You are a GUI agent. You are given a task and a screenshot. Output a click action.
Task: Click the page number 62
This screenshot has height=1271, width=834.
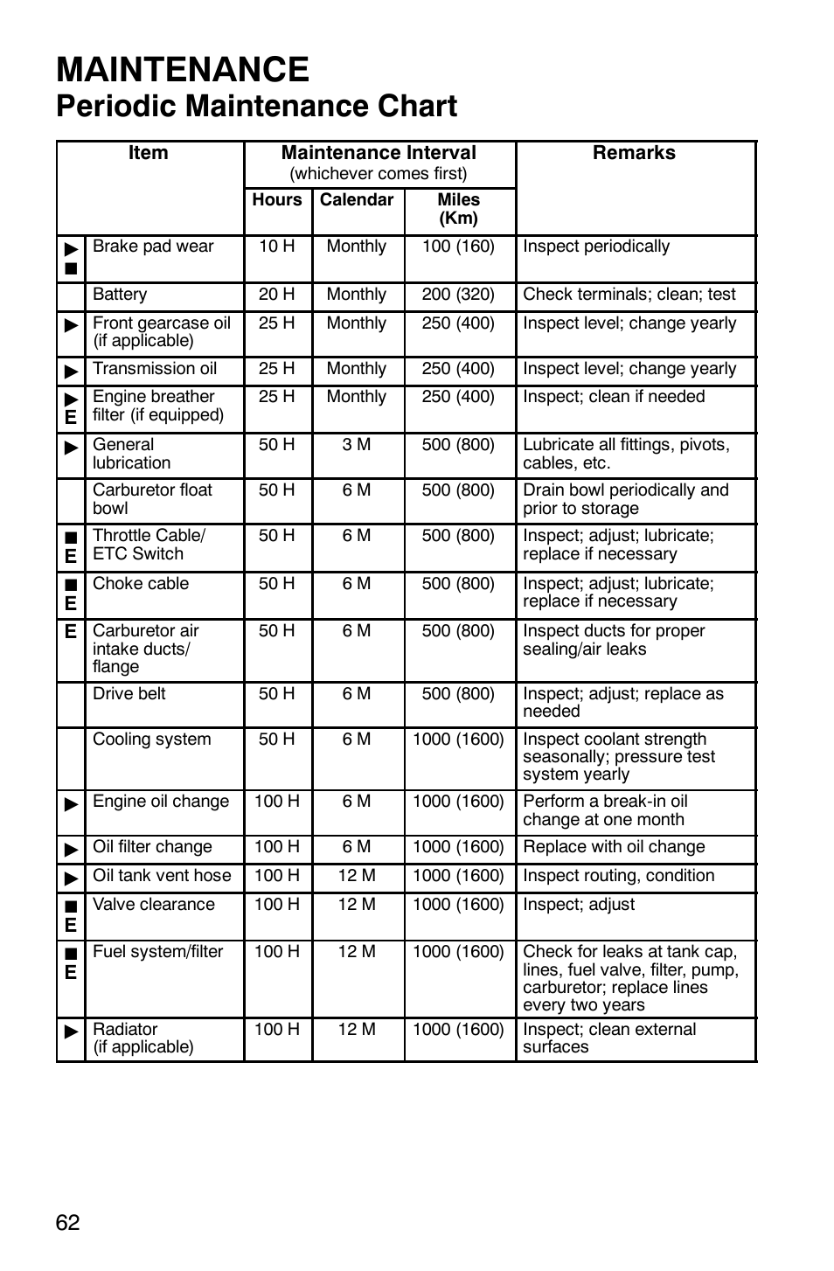pyautogui.click(x=67, y=1222)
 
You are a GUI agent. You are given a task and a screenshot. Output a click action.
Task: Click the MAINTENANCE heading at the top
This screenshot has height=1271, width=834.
pyautogui.click(x=182, y=70)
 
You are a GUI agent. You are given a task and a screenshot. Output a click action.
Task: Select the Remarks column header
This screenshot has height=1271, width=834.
pyautogui.click(x=634, y=153)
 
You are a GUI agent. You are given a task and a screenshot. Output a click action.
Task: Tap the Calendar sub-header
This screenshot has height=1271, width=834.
pyautogui.click(x=357, y=200)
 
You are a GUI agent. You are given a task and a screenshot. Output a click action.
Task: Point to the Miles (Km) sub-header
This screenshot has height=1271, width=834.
pyautogui.click(x=458, y=209)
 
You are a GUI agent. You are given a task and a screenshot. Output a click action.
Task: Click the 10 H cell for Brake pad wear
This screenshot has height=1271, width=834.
pyautogui.click(x=277, y=247)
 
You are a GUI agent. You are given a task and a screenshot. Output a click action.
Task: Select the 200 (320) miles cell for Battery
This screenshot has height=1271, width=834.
pyautogui.click(x=458, y=295)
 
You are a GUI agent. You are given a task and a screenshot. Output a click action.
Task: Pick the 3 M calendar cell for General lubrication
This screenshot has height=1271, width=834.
pyautogui.click(x=357, y=445)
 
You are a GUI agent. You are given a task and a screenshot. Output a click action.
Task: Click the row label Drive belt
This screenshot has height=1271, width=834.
pyautogui.click(x=129, y=694)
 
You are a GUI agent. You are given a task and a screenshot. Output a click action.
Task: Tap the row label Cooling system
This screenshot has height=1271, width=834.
pyautogui.click(x=152, y=740)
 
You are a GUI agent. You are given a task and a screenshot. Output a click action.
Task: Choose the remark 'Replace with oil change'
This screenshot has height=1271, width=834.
pyautogui.click(x=614, y=847)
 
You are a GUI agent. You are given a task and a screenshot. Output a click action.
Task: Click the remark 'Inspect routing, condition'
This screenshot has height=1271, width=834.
pyautogui.click(x=618, y=876)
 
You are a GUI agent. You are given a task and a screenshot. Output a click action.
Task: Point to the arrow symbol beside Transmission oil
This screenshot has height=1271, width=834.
pyautogui.click(x=71, y=371)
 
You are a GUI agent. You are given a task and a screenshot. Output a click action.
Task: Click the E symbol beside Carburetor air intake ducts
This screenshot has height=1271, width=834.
pyautogui.click(x=71, y=631)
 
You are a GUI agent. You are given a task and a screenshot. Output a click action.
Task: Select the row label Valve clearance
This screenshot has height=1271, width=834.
pyautogui.click(x=154, y=905)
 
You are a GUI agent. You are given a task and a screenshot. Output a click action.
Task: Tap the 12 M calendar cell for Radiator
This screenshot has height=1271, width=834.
pyautogui.click(x=357, y=1030)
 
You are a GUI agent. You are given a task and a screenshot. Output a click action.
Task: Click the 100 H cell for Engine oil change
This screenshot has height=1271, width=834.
pyautogui.click(x=277, y=802)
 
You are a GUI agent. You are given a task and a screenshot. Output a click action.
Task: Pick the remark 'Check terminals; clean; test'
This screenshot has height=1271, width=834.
pyautogui.click(x=629, y=295)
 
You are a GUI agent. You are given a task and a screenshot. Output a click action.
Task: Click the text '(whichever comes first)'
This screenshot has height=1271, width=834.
pyautogui.click(x=379, y=174)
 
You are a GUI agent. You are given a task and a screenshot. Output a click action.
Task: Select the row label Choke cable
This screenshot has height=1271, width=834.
pyautogui.click(x=141, y=584)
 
